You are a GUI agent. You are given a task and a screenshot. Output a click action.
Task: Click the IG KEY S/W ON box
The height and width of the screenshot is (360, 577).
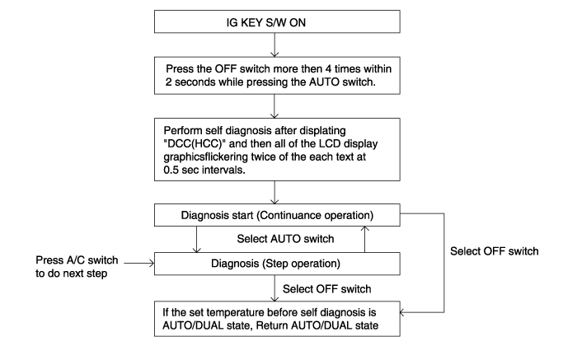tap(277, 21)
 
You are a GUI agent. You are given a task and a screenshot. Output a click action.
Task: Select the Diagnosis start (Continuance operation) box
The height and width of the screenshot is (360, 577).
tap(277, 215)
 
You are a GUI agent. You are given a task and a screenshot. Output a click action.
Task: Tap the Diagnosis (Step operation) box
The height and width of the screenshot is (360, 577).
tap(277, 264)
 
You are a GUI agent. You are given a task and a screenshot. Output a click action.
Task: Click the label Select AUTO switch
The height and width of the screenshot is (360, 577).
tap(285, 239)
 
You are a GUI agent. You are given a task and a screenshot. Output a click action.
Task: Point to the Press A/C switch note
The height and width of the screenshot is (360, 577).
tap(77, 267)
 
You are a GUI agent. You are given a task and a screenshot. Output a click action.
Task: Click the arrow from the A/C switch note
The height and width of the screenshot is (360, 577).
tap(138, 263)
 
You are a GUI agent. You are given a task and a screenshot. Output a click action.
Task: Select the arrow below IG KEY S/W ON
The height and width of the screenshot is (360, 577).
tap(274, 44)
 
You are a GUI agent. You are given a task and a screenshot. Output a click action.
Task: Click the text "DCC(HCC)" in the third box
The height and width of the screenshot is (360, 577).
tap(195, 144)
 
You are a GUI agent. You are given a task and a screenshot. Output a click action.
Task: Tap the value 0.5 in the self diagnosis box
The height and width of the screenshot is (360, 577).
tap(171, 170)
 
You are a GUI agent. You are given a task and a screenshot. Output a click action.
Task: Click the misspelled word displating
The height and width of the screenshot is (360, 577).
tap(323, 131)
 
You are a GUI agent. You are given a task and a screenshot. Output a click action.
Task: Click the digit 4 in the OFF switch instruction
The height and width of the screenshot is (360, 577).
tap(328, 68)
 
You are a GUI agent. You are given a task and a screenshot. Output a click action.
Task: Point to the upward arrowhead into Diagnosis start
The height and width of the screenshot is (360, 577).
tap(364, 229)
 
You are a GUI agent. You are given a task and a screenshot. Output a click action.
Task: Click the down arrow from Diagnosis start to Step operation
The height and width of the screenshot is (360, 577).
tap(196, 240)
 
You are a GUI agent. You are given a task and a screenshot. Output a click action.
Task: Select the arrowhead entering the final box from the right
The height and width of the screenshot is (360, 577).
tap(402, 312)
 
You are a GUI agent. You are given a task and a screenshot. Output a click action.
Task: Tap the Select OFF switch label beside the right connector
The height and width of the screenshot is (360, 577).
tap(495, 251)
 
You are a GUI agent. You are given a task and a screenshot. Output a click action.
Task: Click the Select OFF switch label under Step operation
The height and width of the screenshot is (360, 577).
tap(326, 289)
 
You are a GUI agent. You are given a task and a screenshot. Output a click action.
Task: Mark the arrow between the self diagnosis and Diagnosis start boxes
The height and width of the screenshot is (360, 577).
tap(274, 192)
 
